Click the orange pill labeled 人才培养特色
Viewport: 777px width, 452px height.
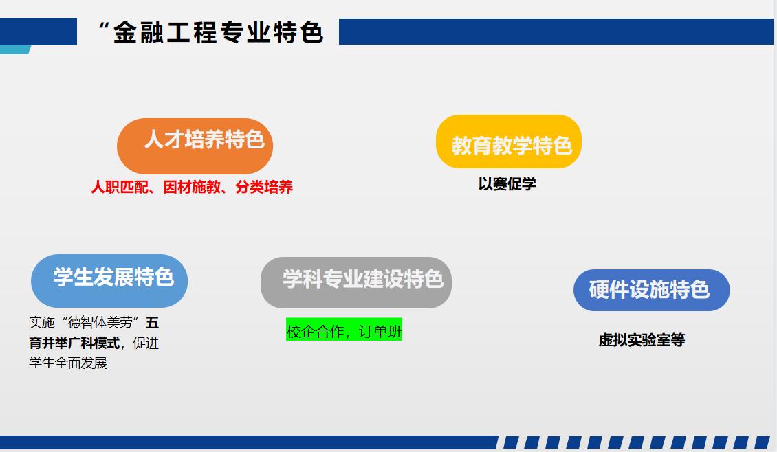(x=195, y=146)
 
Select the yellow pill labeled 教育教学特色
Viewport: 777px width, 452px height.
(x=508, y=142)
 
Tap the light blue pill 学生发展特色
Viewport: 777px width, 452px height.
(x=109, y=281)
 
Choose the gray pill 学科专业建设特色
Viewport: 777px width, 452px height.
(x=355, y=283)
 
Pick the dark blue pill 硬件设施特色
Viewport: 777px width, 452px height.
(x=651, y=290)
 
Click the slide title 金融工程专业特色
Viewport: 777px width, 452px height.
(x=219, y=33)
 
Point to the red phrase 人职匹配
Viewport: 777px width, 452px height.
(x=120, y=187)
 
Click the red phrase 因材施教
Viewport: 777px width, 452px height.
(x=192, y=187)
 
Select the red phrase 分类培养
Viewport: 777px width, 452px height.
(x=263, y=187)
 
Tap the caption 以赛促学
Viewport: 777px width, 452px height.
(x=507, y=183)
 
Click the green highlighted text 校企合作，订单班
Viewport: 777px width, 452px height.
(x=344, y=329)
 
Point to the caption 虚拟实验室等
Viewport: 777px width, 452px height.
(x=642, y=339)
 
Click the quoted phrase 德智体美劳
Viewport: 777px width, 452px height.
(x=100, y=323)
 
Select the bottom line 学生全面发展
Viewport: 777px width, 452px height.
(x=68, y=363)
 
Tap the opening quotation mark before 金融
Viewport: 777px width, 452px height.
(x=104, y=26)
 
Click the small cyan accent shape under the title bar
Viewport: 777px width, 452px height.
(x=15, y=49)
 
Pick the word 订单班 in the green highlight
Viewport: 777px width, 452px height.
(x=380, y=331)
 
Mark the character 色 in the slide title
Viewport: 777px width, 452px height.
(x=311, y=33)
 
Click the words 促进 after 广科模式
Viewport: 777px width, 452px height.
(x=146, y=343)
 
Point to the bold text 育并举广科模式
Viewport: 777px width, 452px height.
(x=74, y=343)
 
